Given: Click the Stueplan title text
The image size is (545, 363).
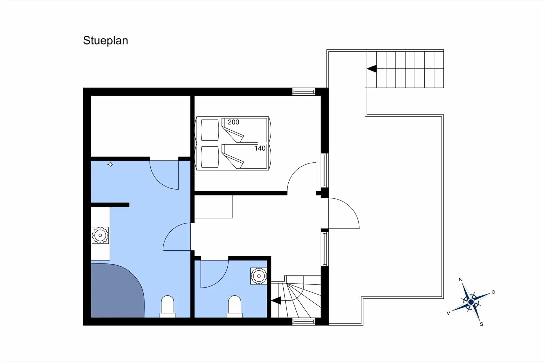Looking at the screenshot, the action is click(x=106, y=41).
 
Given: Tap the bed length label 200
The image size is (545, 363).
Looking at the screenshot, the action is click(x=233, y=122).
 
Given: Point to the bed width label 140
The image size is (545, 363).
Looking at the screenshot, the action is click(x=260, y=148).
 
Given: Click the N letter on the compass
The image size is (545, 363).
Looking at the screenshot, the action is click(x=461, y=280).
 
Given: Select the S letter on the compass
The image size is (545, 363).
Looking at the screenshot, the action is click(x=481, y=324).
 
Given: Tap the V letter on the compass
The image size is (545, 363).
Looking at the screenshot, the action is click(x=448, y=313).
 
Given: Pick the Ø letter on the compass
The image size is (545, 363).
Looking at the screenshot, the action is click(x=493, y=292).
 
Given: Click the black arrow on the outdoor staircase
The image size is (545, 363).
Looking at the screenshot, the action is click(x=372, y=69).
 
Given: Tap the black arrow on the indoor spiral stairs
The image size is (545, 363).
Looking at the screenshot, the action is click(x=276, y=301).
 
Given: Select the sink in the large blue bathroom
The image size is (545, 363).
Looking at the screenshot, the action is click(x=100, y=235).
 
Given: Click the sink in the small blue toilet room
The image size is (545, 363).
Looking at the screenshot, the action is click(x=259, y=276).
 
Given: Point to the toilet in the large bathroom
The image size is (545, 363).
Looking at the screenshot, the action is click(x=167, y=307).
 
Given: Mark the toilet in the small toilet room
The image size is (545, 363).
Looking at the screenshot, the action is click(x=235, y=307).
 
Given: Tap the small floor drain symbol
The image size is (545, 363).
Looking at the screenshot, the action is click(x=110, y=164).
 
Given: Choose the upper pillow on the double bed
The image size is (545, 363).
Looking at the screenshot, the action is click(x=210, y=130).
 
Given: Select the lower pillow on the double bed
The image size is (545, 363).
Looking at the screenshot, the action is click(x=210, y=157).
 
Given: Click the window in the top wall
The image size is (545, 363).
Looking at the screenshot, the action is click(x=304, y=92).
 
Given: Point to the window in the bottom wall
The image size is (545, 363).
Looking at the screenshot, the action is click(x=304, y=322).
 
